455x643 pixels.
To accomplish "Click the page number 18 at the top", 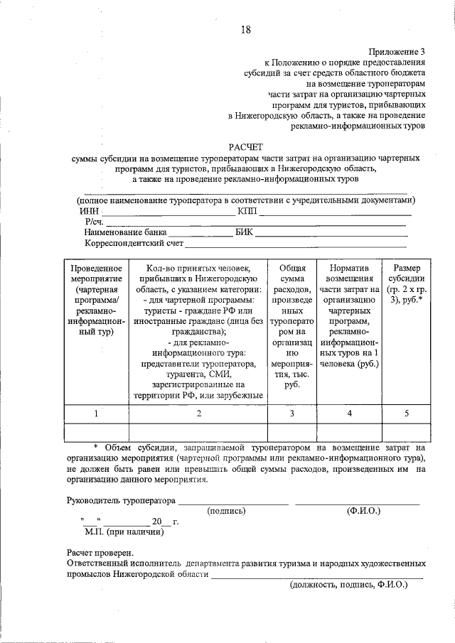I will pyautogui.click(x=245, y=29).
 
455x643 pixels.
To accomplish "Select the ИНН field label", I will pyautogui.click(x=89, y=211).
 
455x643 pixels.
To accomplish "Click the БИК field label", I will pyautogui.click(x=244, y=232).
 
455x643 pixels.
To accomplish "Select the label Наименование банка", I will pyautogui.click(x=125, y=232).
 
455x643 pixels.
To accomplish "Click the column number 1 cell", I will pyautogui.click(x=97, y=413).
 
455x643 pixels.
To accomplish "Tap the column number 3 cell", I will pyautogui.click(x=292, y=413).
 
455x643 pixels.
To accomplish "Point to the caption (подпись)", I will pyautogui.click(x=226, y=511).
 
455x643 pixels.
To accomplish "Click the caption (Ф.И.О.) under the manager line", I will pyautogui.click(x=363, y=511).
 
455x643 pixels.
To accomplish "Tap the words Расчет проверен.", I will pyautogui.click(x=100, y=552).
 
